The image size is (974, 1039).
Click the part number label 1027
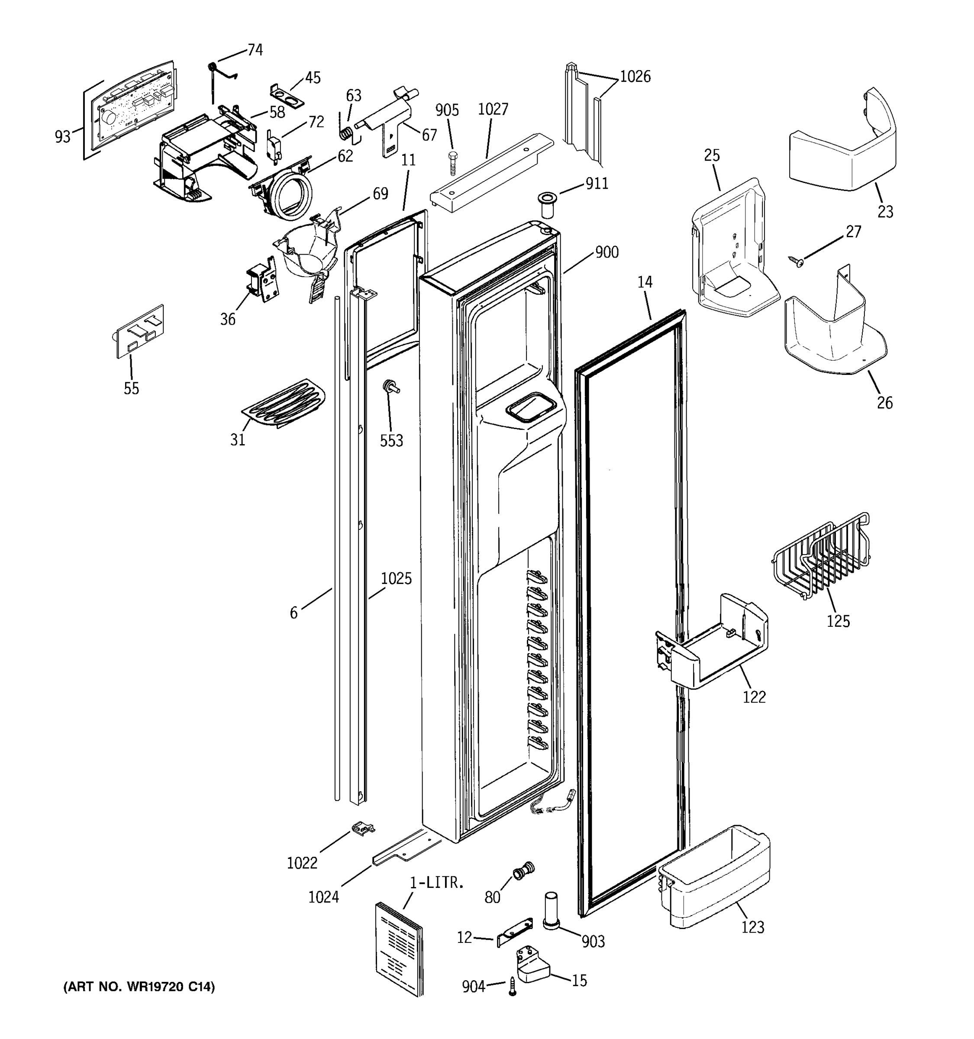click(x=493, y=109)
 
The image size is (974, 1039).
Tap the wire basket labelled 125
click(x=820, y=557)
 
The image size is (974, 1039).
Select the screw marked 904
click(x=513, y=987)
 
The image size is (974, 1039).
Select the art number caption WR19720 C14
click(x=139, y=987)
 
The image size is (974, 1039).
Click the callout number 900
click(x=606, y=252)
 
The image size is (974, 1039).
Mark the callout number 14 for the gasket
click(x=645, y=282)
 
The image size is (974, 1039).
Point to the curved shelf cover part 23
click(x=841, y=149)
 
